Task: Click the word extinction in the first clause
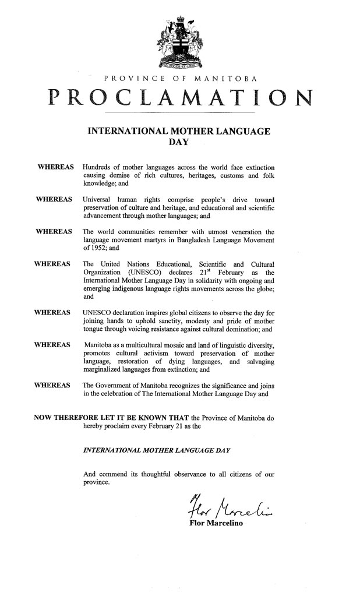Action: (x=256, y=168)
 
